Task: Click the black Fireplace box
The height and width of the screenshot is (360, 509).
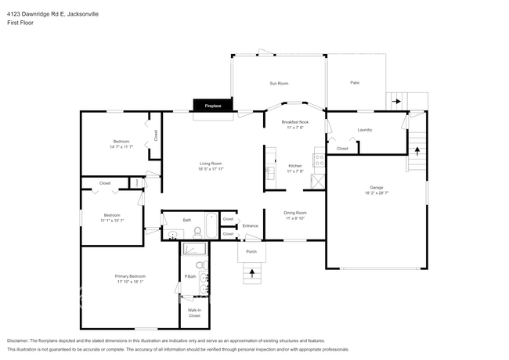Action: point(213,105)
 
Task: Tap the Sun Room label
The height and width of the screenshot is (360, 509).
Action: point(279,83)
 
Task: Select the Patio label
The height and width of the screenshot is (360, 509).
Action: point(355,83)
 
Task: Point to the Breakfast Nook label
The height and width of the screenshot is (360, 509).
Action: point(294,122)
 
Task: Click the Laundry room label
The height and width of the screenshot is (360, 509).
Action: point(364,130)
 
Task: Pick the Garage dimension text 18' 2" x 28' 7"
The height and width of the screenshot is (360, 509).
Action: point(377,192)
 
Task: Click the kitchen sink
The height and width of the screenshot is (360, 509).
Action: point(270,171)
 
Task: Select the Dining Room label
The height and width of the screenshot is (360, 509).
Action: point(294,213)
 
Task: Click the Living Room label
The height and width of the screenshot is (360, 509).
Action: point(210,164)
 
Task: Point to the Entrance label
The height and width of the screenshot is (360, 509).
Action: point(250,226)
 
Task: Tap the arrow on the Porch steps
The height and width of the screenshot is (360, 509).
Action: point(251,273)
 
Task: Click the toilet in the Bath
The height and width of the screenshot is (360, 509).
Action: point(198,232)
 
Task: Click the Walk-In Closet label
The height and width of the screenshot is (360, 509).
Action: point(194,313)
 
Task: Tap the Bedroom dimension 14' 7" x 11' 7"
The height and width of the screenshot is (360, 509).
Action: point(122,146)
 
